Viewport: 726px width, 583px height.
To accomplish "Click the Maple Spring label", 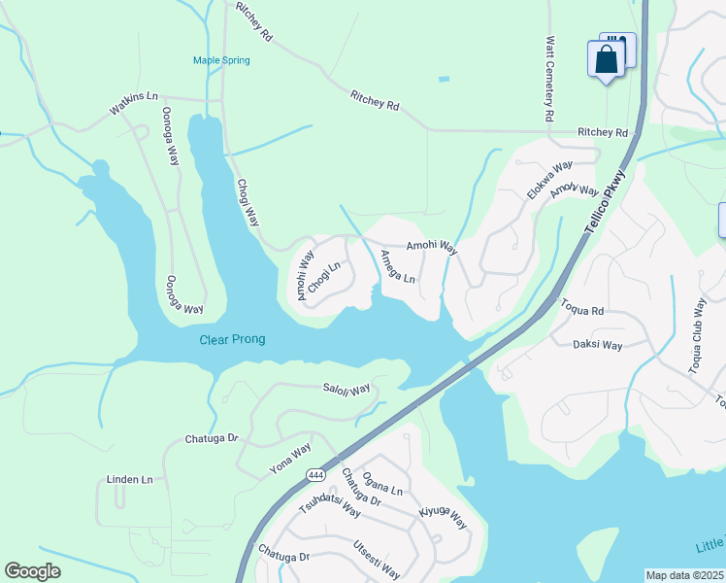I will (221, 60).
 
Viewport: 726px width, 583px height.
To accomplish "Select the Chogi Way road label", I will (248, 202).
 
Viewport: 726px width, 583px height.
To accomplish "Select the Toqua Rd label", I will (582, 308).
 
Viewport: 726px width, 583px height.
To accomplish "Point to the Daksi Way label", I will (598, 344).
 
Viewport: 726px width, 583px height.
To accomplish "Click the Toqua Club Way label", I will (696, 336).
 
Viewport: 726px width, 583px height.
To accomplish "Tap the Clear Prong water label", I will (232, 339).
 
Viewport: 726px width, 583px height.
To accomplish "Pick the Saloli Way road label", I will (346, 389).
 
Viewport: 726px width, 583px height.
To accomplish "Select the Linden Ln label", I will (130, 480).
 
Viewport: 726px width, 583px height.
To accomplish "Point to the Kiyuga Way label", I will (443, 517).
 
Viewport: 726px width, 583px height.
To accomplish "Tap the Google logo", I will (33, 571).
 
